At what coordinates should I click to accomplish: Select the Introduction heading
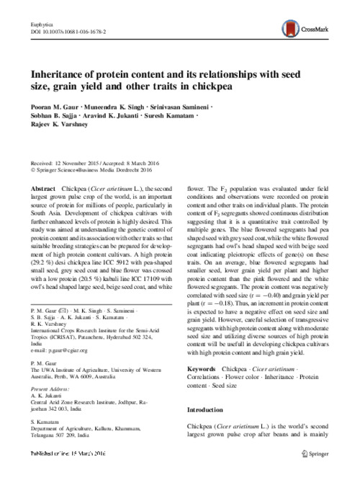[210, 431]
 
